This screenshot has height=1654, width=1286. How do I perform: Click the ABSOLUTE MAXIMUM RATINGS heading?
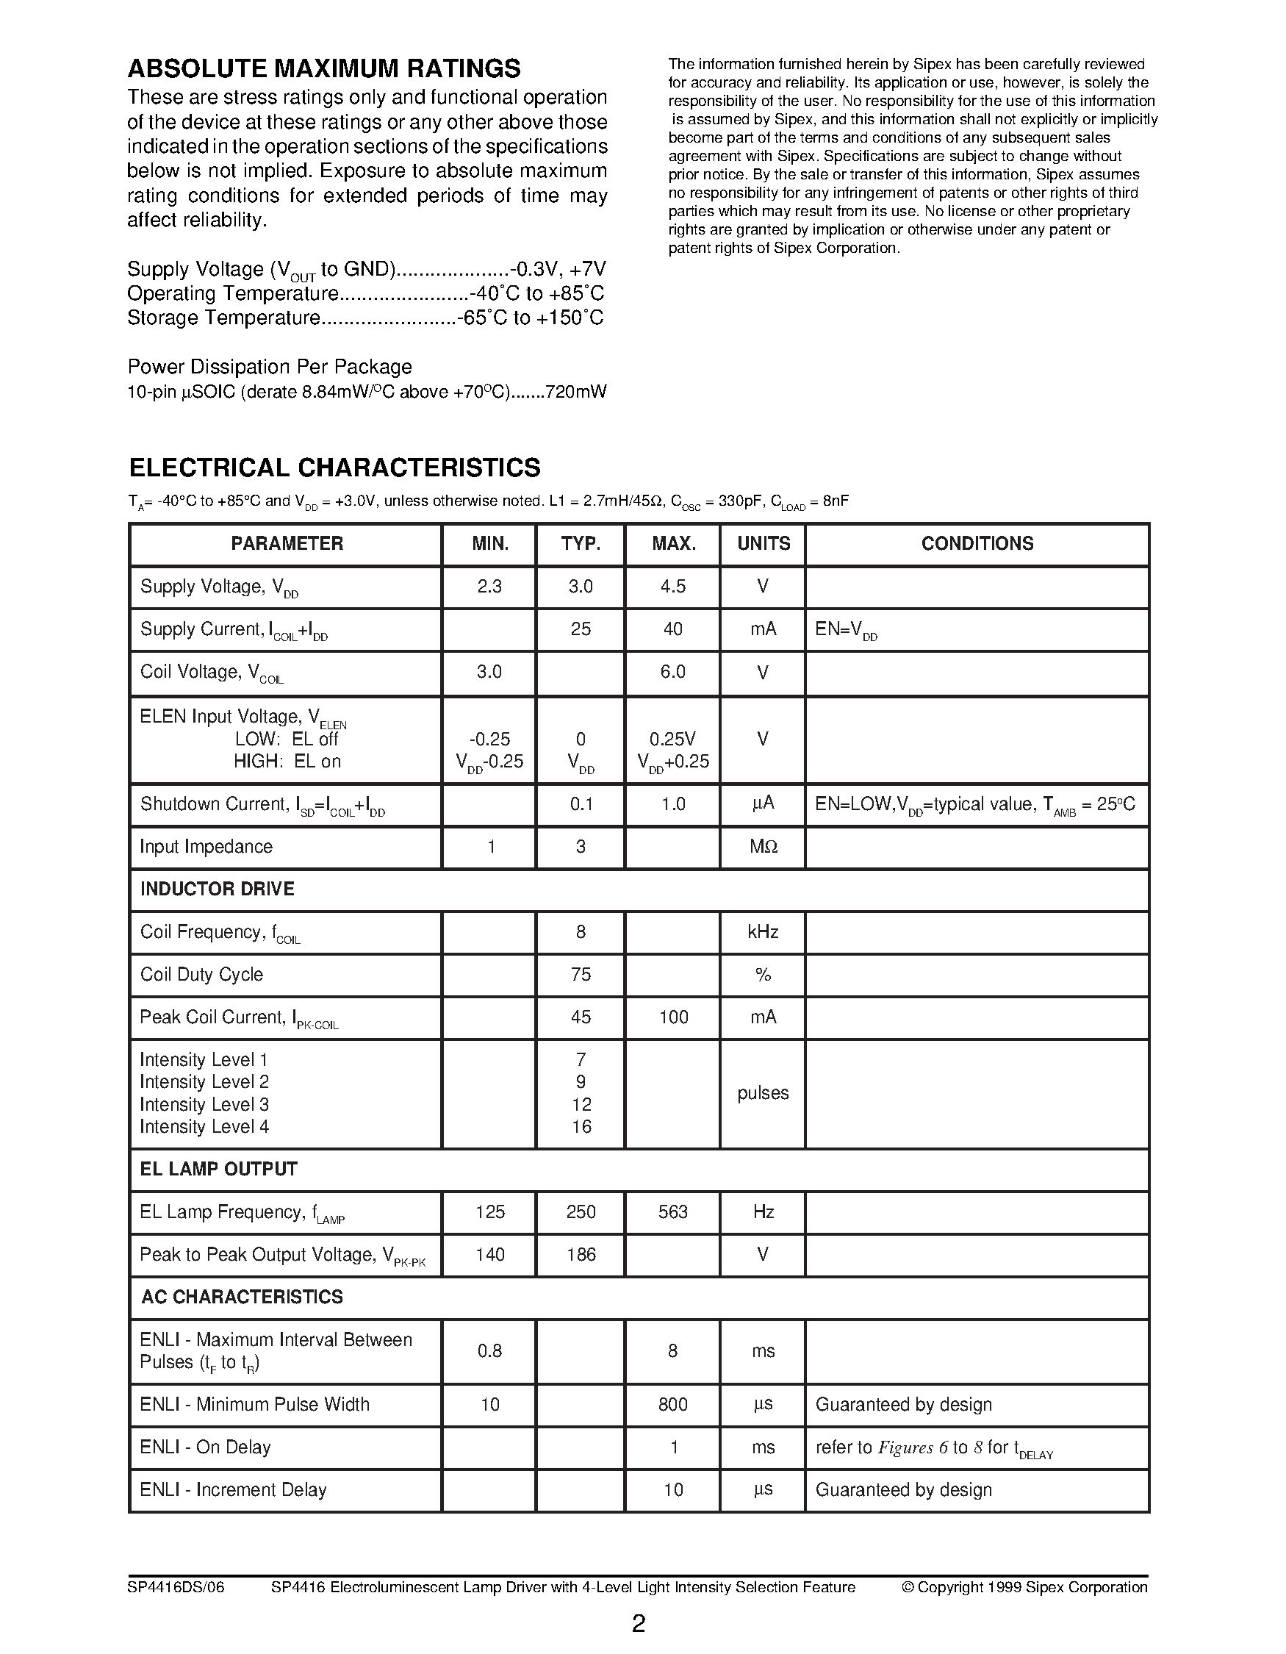pos(324,69)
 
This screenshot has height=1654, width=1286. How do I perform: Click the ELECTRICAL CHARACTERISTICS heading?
pos(334,468)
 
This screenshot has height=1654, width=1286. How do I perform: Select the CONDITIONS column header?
pos(977,543)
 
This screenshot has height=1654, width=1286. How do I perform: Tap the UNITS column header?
pos(763,543)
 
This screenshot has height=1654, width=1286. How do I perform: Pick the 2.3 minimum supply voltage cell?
pos(489,586)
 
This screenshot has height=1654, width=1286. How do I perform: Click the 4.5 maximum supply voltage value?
pos(672,586)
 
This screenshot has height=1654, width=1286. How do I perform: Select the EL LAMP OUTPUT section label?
pos(218,1169)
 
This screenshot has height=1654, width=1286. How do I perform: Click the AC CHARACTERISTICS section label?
pos(242,1297)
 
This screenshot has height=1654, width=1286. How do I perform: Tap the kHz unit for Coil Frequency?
pos(763,931)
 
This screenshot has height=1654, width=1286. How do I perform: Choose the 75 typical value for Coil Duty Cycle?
pos(581,974)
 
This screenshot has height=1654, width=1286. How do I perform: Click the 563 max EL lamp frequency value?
pos(672,1211)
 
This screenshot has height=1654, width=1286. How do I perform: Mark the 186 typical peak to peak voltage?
pos(581,1254)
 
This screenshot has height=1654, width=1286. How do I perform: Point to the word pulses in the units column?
pos(763,1093)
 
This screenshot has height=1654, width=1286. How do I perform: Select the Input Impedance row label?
pos(206,846)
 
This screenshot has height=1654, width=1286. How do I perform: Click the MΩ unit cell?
pos(763,846)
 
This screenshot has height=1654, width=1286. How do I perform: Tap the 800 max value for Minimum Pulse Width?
pos(672,1404)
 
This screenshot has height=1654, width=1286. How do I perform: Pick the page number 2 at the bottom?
pos(639,1624)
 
